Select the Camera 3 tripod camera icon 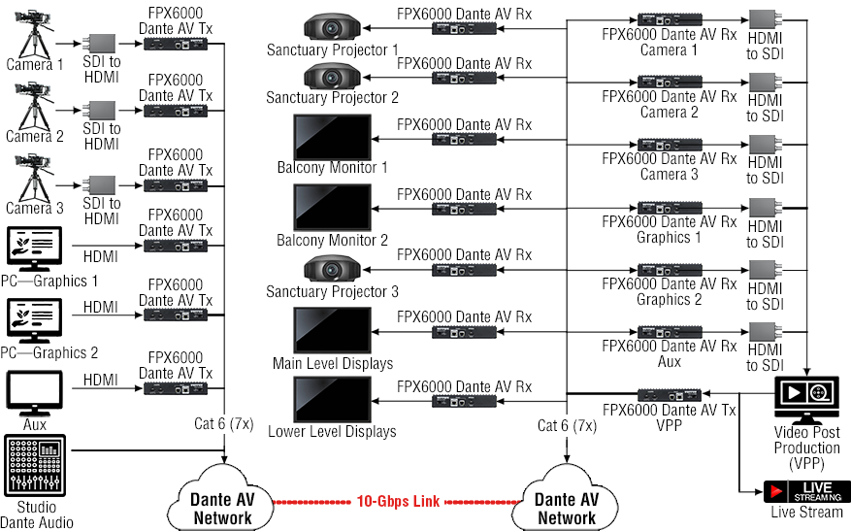(x=34, y=179)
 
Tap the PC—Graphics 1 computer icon (x=34, y=249)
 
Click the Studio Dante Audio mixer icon (x=35, y=465)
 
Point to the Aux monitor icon (x=34, y=393)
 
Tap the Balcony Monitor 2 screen (x=332, y=208)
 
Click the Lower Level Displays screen (x=332, y=400)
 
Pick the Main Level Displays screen (x=332, y=331)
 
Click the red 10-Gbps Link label (x=398, y=501)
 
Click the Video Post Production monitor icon (x=806, y=400)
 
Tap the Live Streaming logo (x=806, y=491)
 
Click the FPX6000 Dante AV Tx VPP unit (x=670, y=395)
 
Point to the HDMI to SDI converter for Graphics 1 (x=766, y=208)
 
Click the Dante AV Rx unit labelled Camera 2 (x=670, y=82)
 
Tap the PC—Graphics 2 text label (x=49, y=353)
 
